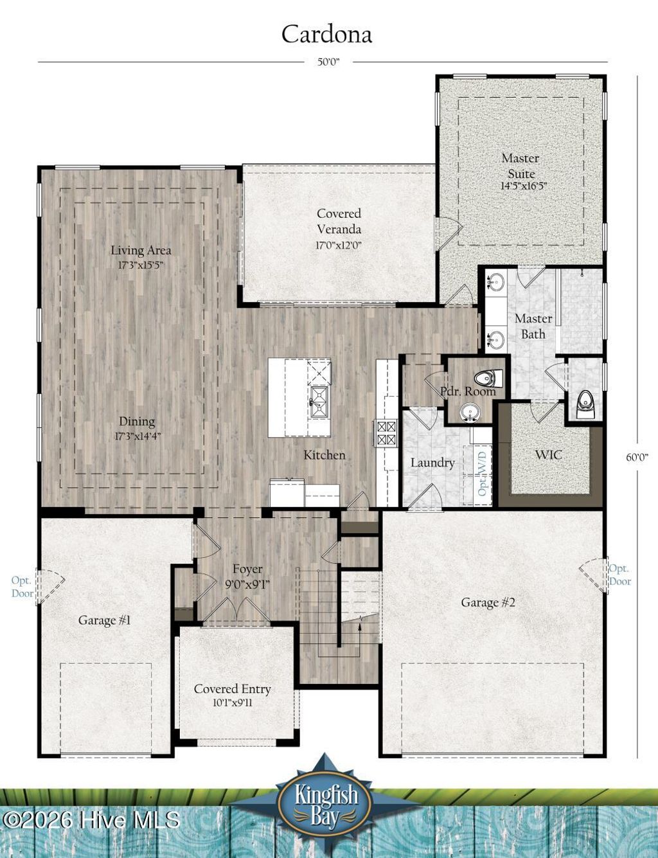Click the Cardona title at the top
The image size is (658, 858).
[x=326, y=34]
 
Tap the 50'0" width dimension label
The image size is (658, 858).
[x=328, y=62]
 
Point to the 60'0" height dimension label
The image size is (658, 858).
[x=637, y=457]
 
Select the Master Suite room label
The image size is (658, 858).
[x=520, y=166]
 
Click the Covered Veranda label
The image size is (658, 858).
[x=339, y=221]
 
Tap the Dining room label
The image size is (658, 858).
[x=137, y=422]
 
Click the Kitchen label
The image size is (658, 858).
[x=325, y=455]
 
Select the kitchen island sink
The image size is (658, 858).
[x=319, y=402]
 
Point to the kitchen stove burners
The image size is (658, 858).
[x=386, y=433]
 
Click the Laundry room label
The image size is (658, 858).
[x=432, y=463]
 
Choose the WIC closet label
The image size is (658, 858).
[x=548, y=455]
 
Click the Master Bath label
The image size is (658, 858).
[x=533, y=326]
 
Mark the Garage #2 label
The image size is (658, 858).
[x=488, y=602]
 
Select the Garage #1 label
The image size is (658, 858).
[x=105, y=620]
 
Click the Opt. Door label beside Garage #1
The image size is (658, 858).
[x=22, y=587]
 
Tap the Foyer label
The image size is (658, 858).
[x=247, y=569]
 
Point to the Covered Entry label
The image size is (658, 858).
[x=233, y=689]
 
